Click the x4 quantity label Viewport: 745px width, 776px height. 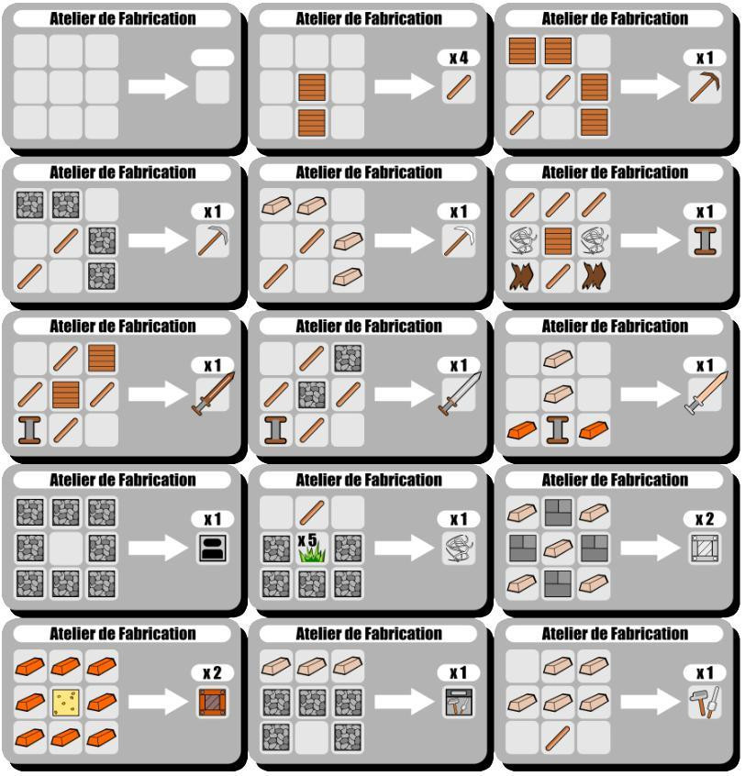[459, 58]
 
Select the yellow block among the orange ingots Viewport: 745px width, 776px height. [66, 703]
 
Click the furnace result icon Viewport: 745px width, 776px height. [212, 549]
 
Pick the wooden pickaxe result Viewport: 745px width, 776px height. [705, 87]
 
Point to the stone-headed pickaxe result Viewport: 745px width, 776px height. [213, 240]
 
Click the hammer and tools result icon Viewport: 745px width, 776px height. [705, 703]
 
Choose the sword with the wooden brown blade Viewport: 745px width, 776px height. [214, 394]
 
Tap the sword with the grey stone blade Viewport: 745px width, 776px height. [460, 394]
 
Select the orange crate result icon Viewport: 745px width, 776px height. [212, 703]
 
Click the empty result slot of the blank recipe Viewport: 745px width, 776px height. [212, 87]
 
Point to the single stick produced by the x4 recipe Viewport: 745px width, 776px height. [459, 87]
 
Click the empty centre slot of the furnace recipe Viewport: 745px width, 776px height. [66, 549]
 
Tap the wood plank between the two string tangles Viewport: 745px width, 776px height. [558, 241]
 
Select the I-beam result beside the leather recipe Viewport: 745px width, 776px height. [705, 241]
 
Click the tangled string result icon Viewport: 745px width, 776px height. [459, 549]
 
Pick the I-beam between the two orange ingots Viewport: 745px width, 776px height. [558, 429]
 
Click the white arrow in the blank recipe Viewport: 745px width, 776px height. [158, 87]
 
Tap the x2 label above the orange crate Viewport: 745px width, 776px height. [212, 673]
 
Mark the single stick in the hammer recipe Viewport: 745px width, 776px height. [558, 737]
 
